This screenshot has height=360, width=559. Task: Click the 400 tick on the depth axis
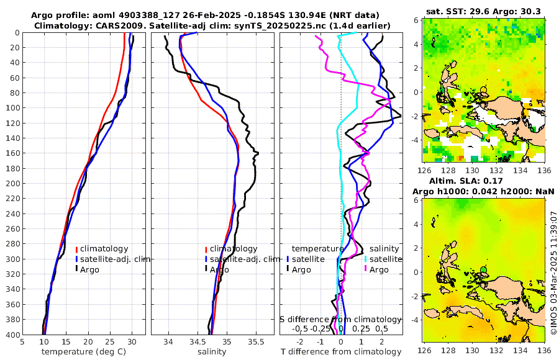pyautogui.click(x=12, y=335)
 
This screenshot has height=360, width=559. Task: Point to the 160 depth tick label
pyautogui.click(x=12, y=153)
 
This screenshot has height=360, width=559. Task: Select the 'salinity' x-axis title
pyautogui.click(x=211, y=352)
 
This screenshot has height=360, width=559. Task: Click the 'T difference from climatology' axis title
pyautogui.click(x=340, y=352)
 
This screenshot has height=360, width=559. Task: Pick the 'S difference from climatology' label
pyautogui.click(x=340, y=319)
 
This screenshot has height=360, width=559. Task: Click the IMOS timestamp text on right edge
pyautogui.click(x=553, y=273)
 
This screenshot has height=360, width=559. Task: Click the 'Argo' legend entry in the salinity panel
pyautogui.click(x=219, y=269)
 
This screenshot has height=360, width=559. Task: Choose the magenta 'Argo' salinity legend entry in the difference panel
pyautogui.click(x=379, y=269)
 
